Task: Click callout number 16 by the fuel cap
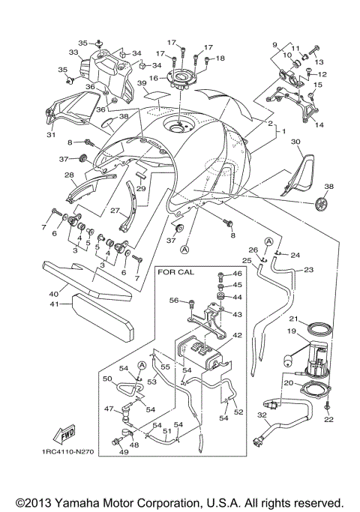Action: (x=153, y=77)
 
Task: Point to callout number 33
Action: (x=73, y=53)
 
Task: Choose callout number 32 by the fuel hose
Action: (x=261, y=415)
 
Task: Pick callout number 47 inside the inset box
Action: (x=107, y=409)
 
